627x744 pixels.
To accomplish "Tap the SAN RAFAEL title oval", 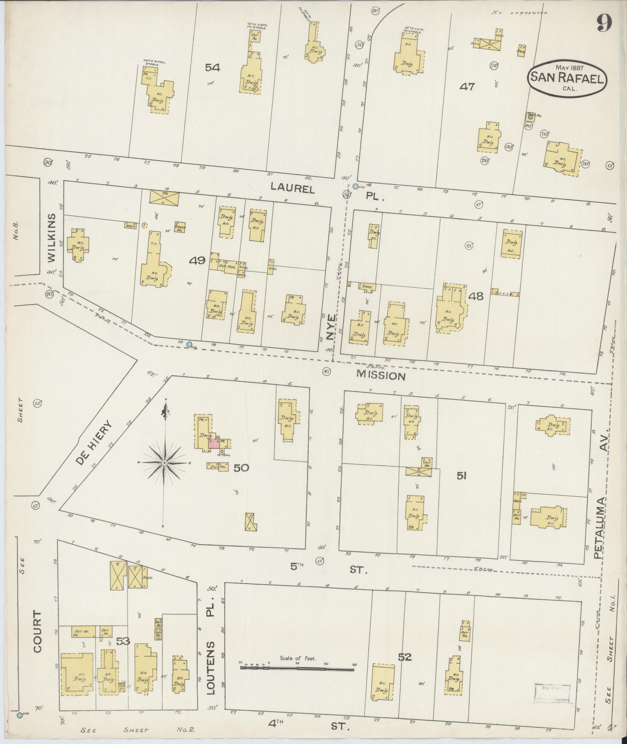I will click(x=567, y=79).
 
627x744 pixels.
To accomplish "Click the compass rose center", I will click(x=164, y=463).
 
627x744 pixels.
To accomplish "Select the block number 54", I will click(x=213, y=68).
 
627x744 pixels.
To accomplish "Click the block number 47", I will click(x=467, y=87).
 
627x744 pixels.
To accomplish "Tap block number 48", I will click(x=476, y=296).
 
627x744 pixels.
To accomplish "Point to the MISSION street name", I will click(x=381, y=376).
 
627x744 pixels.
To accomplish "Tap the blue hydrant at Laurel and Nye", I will click(x=355, y=186).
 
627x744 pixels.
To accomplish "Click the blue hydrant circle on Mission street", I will click(x=189, y=344).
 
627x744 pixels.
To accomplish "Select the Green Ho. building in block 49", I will click(x=180, y=228).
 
